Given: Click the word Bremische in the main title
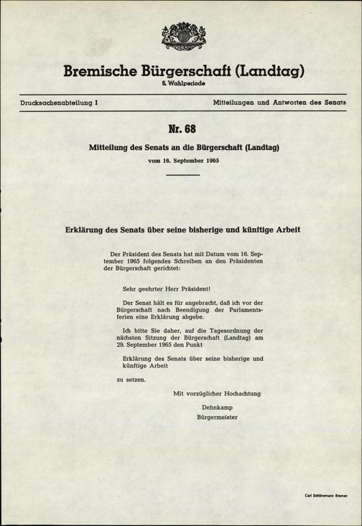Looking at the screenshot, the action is (x=103, y=72).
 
